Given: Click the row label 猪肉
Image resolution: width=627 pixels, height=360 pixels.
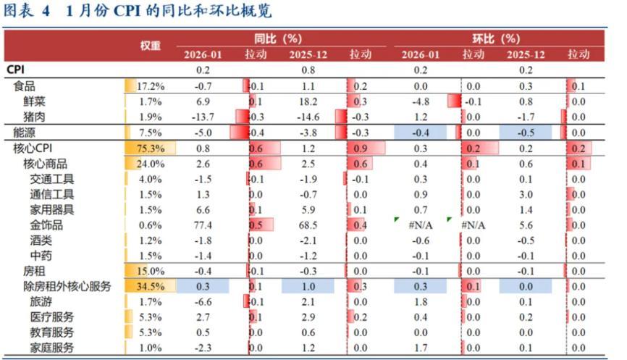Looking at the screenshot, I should click(35, 117).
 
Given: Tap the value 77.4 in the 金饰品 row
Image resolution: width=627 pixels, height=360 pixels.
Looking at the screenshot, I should click(203, 225).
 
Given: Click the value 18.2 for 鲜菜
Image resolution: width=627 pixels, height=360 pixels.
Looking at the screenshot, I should click(308, 101).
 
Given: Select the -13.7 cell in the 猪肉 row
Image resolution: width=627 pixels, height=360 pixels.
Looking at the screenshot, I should click(203, 117).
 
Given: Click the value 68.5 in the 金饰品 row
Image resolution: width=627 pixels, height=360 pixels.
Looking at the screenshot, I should click(308, 225).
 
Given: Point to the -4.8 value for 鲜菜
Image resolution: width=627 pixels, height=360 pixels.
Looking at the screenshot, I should click(421, 101).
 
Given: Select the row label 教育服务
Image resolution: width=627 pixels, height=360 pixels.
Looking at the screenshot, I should click(51, 332).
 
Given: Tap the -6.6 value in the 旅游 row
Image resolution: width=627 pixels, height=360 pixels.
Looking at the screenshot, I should click(203, 301).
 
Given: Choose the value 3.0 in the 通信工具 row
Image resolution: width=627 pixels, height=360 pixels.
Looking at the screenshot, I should click(526, 194).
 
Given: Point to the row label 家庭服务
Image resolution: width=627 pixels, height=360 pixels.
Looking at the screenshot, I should click(51, 348).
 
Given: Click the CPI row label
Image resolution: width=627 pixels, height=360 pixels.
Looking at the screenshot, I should click(17, 70).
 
